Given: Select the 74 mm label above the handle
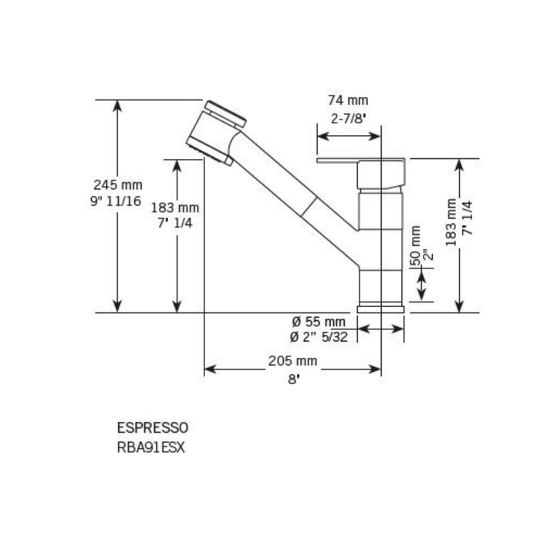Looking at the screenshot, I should (348, 100).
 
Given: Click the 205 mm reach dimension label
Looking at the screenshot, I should (292, 360).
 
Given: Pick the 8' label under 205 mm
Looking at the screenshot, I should (292, 378).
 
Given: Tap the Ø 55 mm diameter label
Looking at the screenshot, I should (318, 322).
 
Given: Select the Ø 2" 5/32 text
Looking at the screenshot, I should (318, 336).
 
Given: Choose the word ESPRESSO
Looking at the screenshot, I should (152, 427).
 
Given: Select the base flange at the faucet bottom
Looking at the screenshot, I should (382, 308).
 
